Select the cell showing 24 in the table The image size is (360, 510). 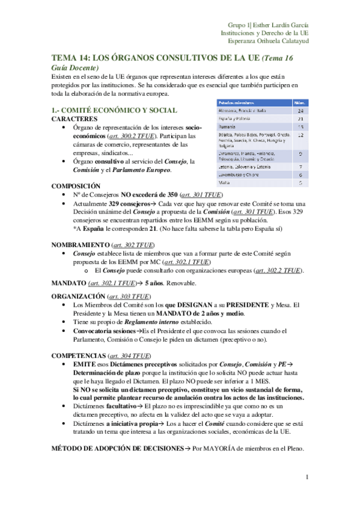tap(300, 111)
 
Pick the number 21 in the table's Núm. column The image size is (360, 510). tap(300, 119)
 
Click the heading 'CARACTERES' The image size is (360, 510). tap(75, 119)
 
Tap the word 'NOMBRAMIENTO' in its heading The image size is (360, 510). tap(80, 245)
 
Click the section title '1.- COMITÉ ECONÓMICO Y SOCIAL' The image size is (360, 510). tap(114, 110)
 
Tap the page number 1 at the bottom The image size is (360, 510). tap(307, 478)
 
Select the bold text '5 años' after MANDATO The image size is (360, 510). tap(157, 283)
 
